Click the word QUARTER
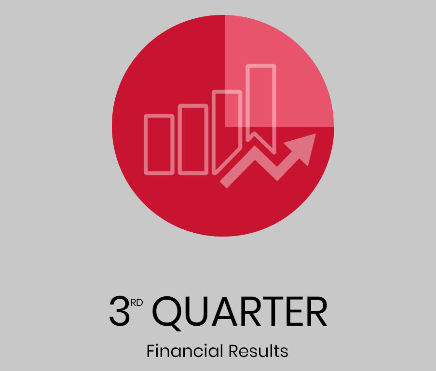240,312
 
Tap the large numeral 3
120,311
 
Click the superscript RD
136,303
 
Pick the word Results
259,351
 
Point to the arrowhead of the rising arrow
303,147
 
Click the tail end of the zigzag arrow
224,184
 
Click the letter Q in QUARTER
167,314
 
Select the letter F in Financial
151,351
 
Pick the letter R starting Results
234,351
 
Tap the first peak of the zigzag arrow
255,147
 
